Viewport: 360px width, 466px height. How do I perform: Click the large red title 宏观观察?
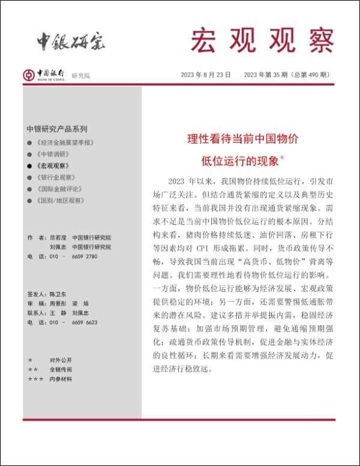point(262,41)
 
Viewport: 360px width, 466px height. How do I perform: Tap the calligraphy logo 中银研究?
point(70,41)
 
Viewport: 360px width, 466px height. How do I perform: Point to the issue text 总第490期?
point(310,74)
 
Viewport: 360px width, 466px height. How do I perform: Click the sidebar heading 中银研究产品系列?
point(57,129)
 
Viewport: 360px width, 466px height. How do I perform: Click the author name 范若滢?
point(58,237)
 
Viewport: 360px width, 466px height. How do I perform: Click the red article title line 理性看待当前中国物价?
point(242,139)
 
